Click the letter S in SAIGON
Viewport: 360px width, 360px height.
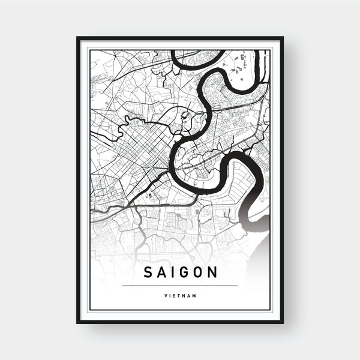(148, 273)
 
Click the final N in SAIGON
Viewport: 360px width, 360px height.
(213, 273)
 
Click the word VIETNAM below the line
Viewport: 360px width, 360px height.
(180, 295)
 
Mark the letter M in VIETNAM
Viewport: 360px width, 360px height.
(196, 295)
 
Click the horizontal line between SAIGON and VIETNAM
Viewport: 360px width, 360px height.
(180, 286)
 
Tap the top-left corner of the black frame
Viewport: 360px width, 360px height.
(77, 38)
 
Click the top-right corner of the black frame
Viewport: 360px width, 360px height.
(282, 38)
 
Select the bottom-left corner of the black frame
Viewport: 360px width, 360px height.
(77, 323)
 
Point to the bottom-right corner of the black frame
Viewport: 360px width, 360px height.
(282, 323)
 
